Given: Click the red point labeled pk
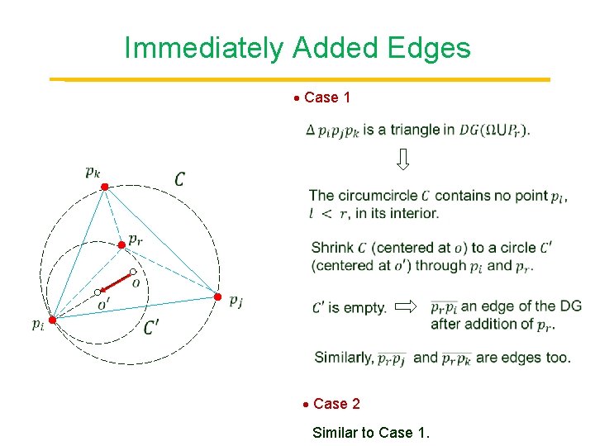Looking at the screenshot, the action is [x=104, y=187].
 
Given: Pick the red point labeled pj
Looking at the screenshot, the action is [x=218, y=297].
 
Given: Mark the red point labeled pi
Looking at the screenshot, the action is [x=50, y=320].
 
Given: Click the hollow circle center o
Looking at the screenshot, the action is [x=133, y=272].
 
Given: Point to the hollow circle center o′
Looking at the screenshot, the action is [x=98, y=292].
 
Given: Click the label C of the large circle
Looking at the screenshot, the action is [x=180, y=178].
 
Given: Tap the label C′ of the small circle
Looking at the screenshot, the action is [x=152, y=328].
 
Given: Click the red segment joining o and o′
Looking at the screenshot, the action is [x=116, y=282].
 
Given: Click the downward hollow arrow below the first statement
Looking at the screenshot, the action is [x=402, y=159].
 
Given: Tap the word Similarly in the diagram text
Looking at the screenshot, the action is [x=344, y=358].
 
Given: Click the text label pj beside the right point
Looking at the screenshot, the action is [x=236, y=301].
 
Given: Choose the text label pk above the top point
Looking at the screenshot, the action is [x=93, y=172].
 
